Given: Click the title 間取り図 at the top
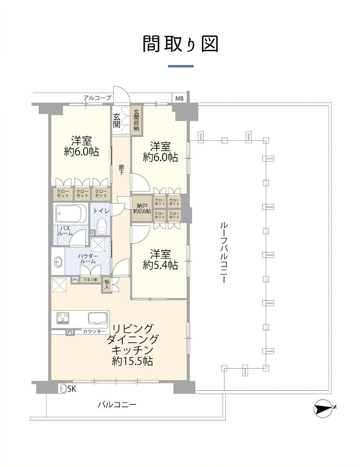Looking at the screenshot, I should (x=180, y=44).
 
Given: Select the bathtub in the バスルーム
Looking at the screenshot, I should (x=72, y=214).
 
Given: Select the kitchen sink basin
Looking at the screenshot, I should (x=97, y=318).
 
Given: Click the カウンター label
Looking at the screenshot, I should (x=94, y=332).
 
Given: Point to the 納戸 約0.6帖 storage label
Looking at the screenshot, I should (x=141, y=208).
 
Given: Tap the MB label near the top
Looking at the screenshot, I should (x=180, y=98).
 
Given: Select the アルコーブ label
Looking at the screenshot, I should (x=97, y=98).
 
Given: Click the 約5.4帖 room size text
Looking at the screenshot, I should (x=160, y=266).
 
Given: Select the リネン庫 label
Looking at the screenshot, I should (x=90, y=280).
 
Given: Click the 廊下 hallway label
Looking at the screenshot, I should (x=122, y=170).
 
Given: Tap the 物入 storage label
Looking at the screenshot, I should (x=107, y=284).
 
